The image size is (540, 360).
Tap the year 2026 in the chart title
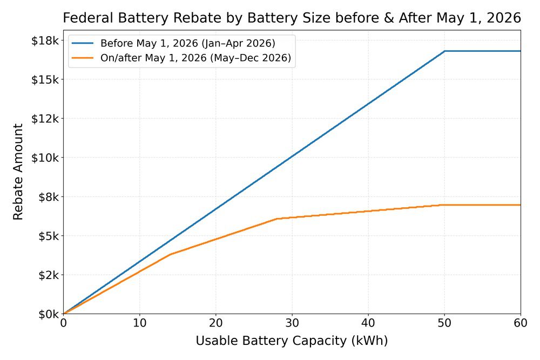click(501, 18)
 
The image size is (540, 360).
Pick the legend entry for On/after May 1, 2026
click(195, 58)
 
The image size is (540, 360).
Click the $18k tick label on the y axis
click(45, 40)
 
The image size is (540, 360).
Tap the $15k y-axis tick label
click(45, 79)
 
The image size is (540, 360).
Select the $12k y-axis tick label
click(45, 118)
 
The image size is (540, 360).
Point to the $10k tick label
click(45, 158)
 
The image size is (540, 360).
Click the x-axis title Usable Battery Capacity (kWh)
click(292, 341)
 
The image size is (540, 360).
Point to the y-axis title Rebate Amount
click(18, 172)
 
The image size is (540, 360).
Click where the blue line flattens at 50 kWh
click(444, 51)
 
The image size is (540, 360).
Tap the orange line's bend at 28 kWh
click(276, 219)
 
